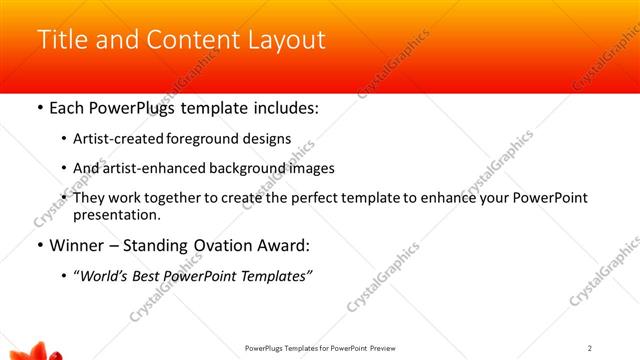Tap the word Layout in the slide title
287,40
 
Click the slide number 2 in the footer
590,348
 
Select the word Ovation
240,245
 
